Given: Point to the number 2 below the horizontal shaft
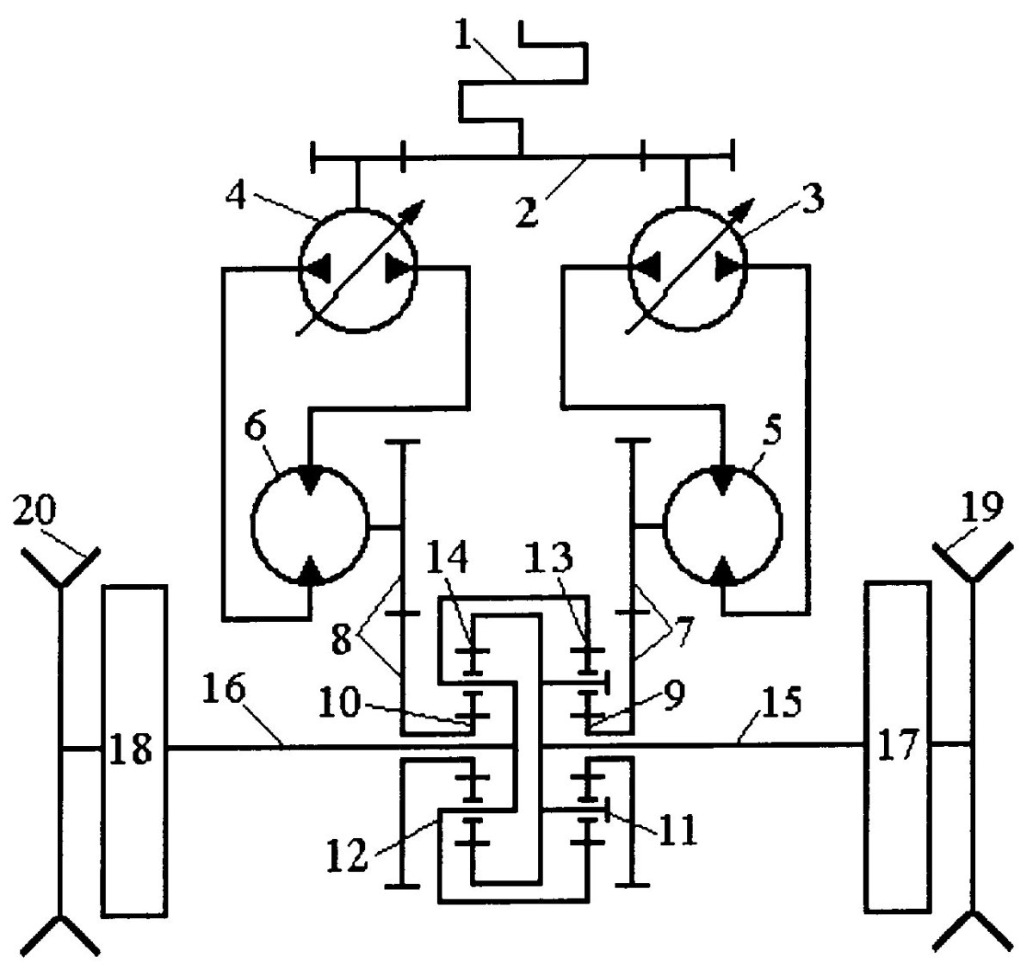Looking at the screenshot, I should (528, 210).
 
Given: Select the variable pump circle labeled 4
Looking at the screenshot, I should (357, 270).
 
